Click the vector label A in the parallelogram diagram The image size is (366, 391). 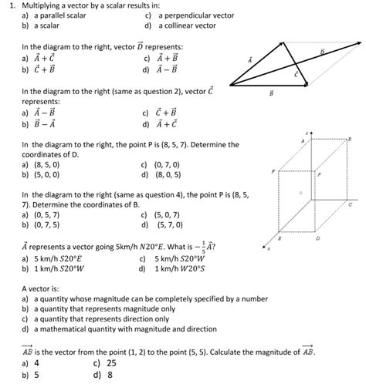[249, 59]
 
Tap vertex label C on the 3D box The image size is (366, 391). [350, 205]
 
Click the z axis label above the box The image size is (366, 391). [307, 133]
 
